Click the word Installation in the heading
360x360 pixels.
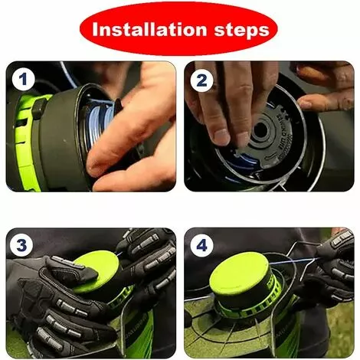pyautogui.click(x=149, y=29)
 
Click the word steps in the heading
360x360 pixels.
pyautogui.click(x=241, y=31)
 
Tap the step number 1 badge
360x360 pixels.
pyautogui.click(x=23, y=79)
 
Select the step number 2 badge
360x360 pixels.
pyautogui.click(x=201, y=81)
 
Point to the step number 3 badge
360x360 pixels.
pyautogui.click(x=21, y=245)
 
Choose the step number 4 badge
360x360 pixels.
pyautogui.click(x=201, y=246)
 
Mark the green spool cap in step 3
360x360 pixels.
pyautogui.click(x=97, y=273)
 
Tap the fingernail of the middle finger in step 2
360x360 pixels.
pyautogui.click(x=221, y=136)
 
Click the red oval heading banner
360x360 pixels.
pyautogui.click(x=178, y=30)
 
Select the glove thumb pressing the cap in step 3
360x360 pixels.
pyautogui.click(x=74, y=268)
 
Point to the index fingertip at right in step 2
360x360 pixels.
pyautogui.click(x=305, y=103)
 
